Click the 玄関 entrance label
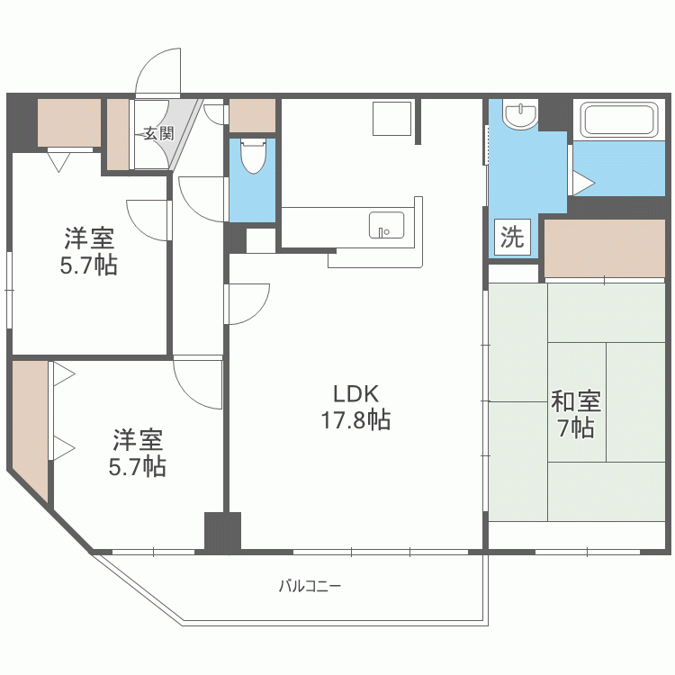click(x=158, y=133)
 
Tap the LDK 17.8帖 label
click(x=356, y=407)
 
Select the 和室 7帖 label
click(x=576, y=414)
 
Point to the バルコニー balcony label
click(x=310, y=586)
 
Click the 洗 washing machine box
click(x=512, y=237)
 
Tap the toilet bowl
click(x=253, y=156)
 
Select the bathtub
click(x=619, y=119)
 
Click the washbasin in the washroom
click(x=520, y=114)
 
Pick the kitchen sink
click(x=387, y=225)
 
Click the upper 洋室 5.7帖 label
click(x=89, y=251)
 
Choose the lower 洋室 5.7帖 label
click(x=138, y=453)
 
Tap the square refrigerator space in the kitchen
click(x=391, y=119)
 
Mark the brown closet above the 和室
click(x=605, y=248)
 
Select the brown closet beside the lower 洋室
click(x=30, y=427)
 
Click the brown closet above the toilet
click(x=252, y=115)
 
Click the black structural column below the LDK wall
click(x=222, y=531)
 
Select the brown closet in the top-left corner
click(x=69, y=122)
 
